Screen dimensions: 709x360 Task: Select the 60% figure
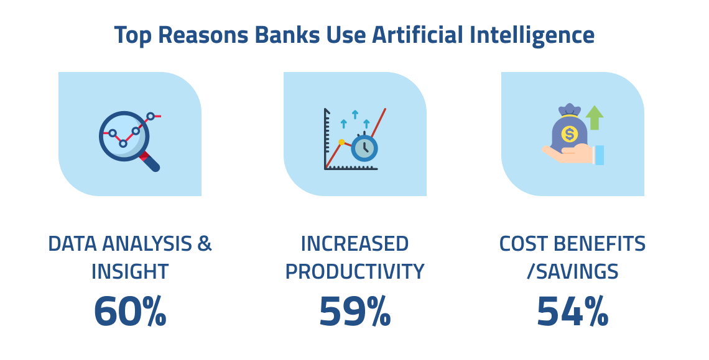pos(130,312)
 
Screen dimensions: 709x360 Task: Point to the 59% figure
pos(355,312)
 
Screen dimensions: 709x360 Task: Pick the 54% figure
pos(572,312)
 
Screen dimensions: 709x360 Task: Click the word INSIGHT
pos(130,272)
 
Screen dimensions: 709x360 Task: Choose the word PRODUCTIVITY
pos(355,272)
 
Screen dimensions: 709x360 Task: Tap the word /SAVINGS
pos(572,272)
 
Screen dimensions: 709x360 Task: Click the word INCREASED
pos(355,244)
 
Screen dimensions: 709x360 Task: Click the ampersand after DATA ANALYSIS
pos(205,244)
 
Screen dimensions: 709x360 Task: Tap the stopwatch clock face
pos(364,148)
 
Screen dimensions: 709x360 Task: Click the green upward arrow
pos(595,117)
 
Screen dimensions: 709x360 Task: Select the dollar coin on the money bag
pos(569,134)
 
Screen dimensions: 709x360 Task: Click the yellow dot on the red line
pos(342,142)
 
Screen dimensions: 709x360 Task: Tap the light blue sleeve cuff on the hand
pos(599,155)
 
